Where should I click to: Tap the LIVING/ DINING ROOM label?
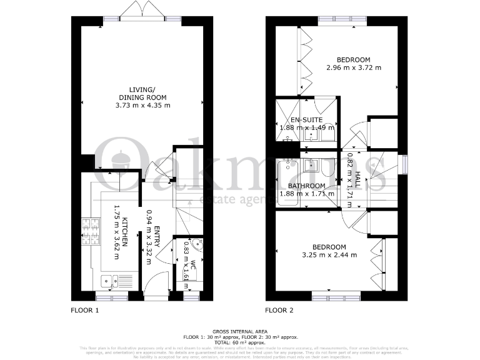pyautogui.click(x=143, y=93)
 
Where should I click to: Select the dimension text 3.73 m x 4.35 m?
pyautogui.click(x=143, y=106)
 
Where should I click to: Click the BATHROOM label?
pyautogui.click(x=306, y=186)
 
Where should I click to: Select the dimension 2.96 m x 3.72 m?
pyautogui.click(x=354, y=67)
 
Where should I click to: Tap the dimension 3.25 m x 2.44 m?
pyautogui.click(x=329, y=255)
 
